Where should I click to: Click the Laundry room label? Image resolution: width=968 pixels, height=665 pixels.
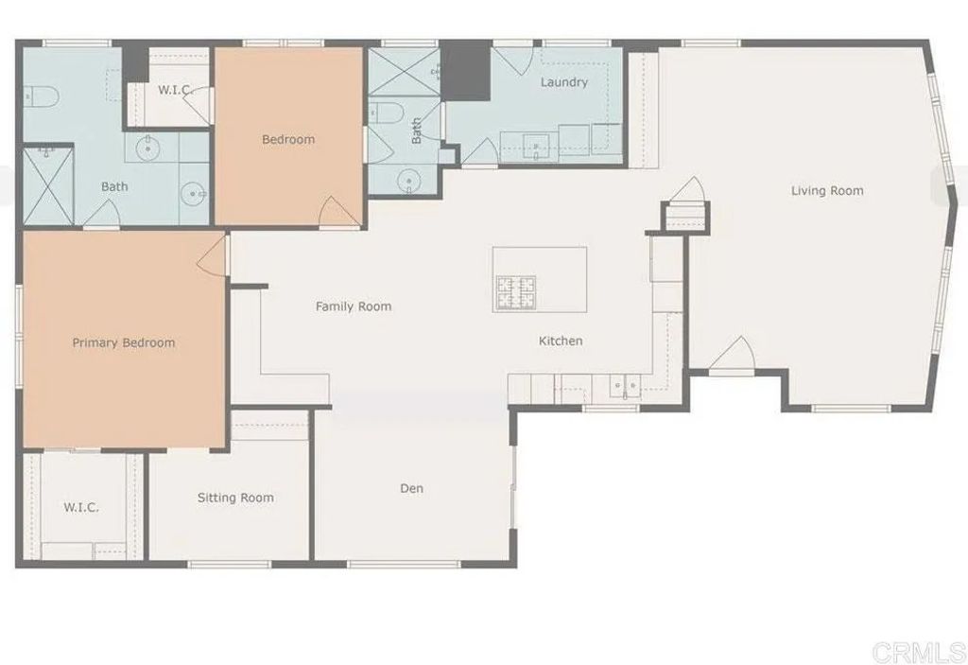pos(563,82)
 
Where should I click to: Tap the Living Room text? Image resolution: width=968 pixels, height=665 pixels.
pos(827,191)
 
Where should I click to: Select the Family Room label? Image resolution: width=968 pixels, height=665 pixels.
pos(354,306)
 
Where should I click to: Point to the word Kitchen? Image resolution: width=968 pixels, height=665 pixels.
pos(561,341)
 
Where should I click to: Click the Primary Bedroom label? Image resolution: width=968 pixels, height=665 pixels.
pos(124,342)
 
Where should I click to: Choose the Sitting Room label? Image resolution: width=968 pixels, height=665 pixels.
pos(235,498)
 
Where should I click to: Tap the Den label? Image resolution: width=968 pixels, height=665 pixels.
pos(411,488)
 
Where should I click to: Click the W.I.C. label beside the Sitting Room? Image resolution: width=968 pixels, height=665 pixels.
pos(81,507)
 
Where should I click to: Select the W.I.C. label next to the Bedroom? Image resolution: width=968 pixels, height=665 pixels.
pos(175,91)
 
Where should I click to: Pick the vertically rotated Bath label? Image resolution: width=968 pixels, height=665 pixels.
pos(417,131)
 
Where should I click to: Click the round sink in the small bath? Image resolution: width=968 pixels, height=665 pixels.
pos(408,179)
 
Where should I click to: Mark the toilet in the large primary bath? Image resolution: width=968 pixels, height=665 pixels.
pos(40,96)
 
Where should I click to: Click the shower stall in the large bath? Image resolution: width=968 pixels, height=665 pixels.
pos(47,185)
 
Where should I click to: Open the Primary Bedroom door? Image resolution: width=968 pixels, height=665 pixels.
pos(213,255)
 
